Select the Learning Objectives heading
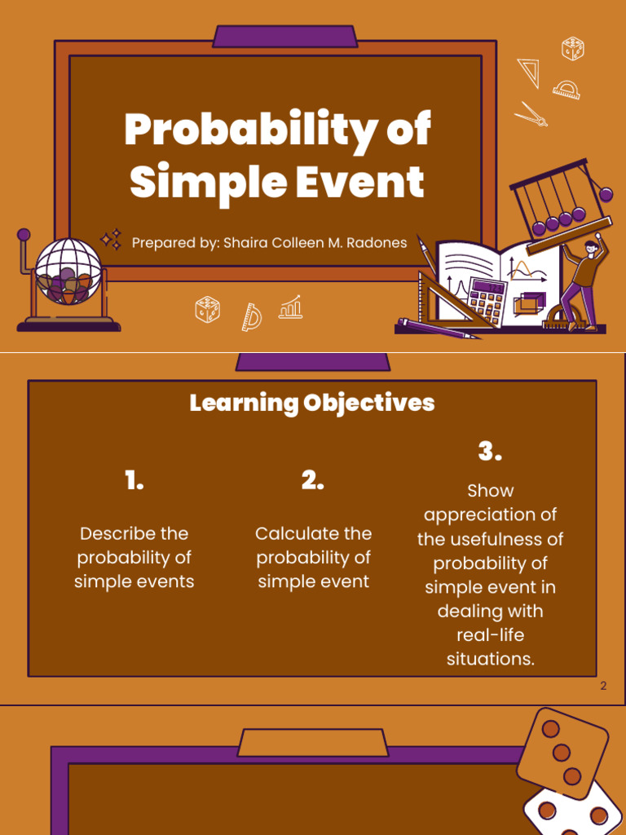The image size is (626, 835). pyautogui.click(x=312, y=403)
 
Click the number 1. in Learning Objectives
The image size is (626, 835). pyautogui.click(x=134, y=481)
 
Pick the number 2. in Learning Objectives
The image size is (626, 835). pyautogui.click(x=312, y=481)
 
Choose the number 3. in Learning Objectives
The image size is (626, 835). pyautogui.click(x=490, y=451)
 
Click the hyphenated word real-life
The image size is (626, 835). pyautogui.click(x=490, y=634)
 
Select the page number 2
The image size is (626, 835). pyautogui.click(x=603, y=686)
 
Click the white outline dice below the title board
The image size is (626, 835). pyautogui.click(x=207, y=310)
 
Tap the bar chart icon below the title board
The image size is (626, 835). pyautogui.click(x=291, y=307)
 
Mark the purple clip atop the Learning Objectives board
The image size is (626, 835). pyautogui.click(x=312, y=362)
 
